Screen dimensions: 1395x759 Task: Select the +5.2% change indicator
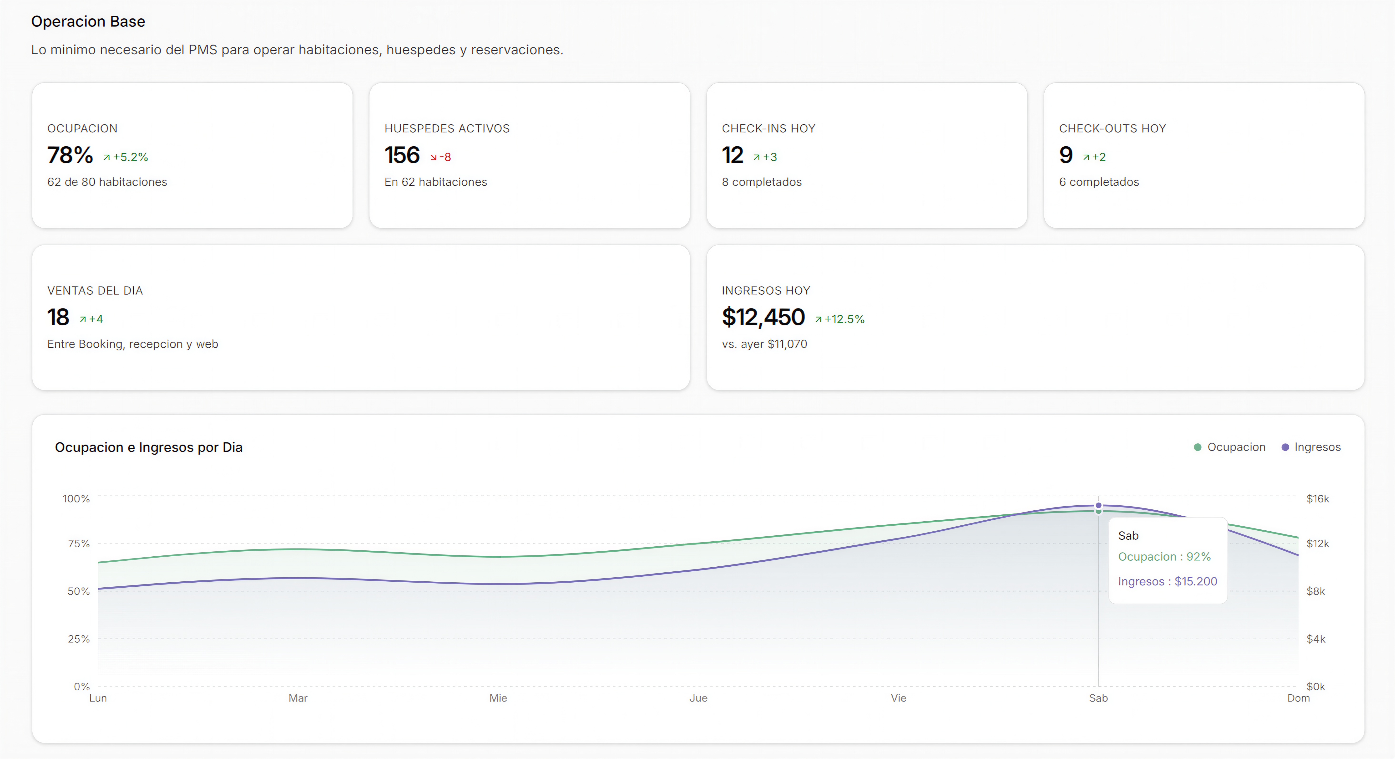(x=126, y=157)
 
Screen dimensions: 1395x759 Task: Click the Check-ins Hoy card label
(x=768, y=128)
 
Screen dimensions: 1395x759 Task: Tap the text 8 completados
(x=761, y=182)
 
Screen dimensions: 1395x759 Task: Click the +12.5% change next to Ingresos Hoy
(x=840, y=319)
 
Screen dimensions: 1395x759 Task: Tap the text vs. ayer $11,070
(x=764, y=344)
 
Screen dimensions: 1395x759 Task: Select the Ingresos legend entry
(x=1311, y=447)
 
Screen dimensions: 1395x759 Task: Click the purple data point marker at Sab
(x=1098, y=505)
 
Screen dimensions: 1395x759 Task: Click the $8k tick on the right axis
(x=1316, y=591)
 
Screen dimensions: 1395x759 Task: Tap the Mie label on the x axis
(x=498, y=698)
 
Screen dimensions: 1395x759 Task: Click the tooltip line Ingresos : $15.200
(x=1168, y=581)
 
